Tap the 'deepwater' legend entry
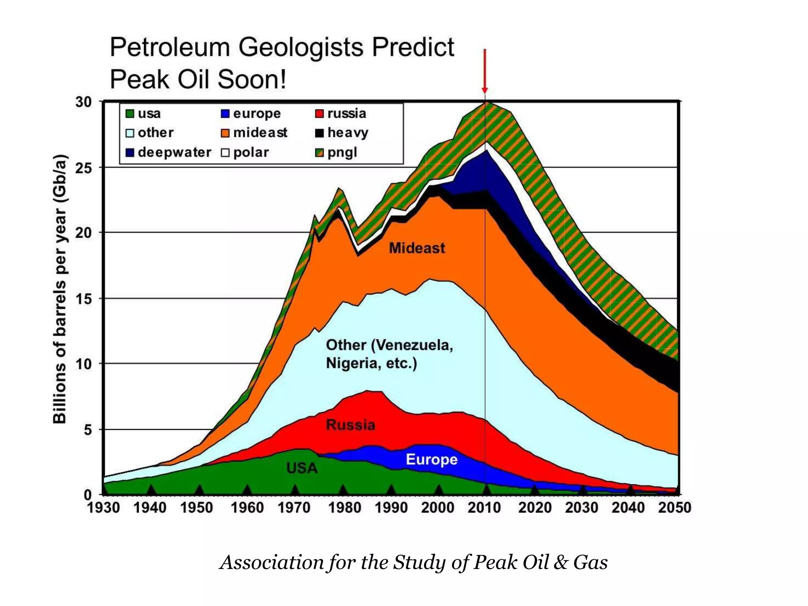tap(168, 152)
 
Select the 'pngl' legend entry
tap(336, 152)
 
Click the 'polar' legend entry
tap(245, 152)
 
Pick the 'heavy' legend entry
tap(342, 133)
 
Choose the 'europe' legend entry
tap(251, 114)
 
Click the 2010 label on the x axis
tap(484, 507)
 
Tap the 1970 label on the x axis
tap(294, 507)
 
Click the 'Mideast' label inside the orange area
tap(417, 248)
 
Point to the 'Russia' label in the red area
tap(350, 425)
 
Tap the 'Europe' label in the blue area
tap(432, 459)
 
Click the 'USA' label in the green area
tap(302, 468)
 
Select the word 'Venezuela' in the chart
tap(413, 345)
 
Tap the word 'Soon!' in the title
tap(252, 79)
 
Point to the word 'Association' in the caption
tap(272, 562)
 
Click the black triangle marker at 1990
tap(391, 490)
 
